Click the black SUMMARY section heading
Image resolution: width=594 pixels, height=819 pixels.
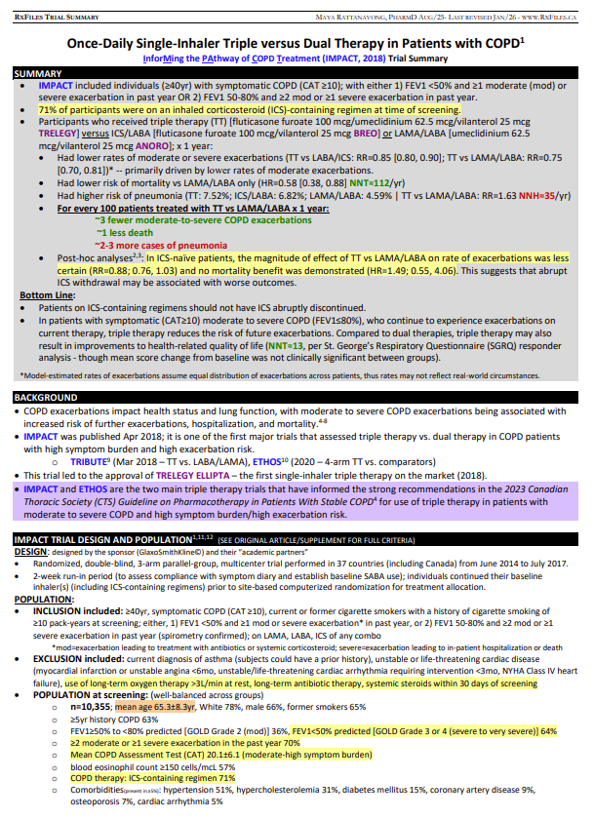(x=36, y=74)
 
